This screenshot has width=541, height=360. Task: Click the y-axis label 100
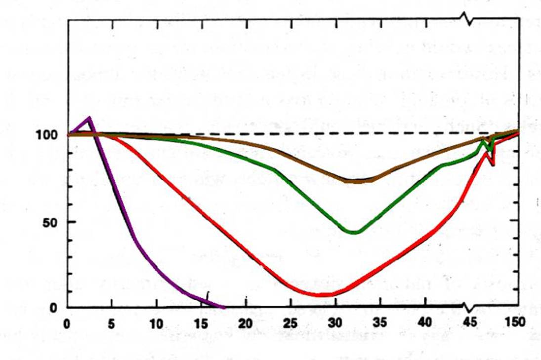coord(46,135)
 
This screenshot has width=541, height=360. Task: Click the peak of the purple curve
coord(89,118)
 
